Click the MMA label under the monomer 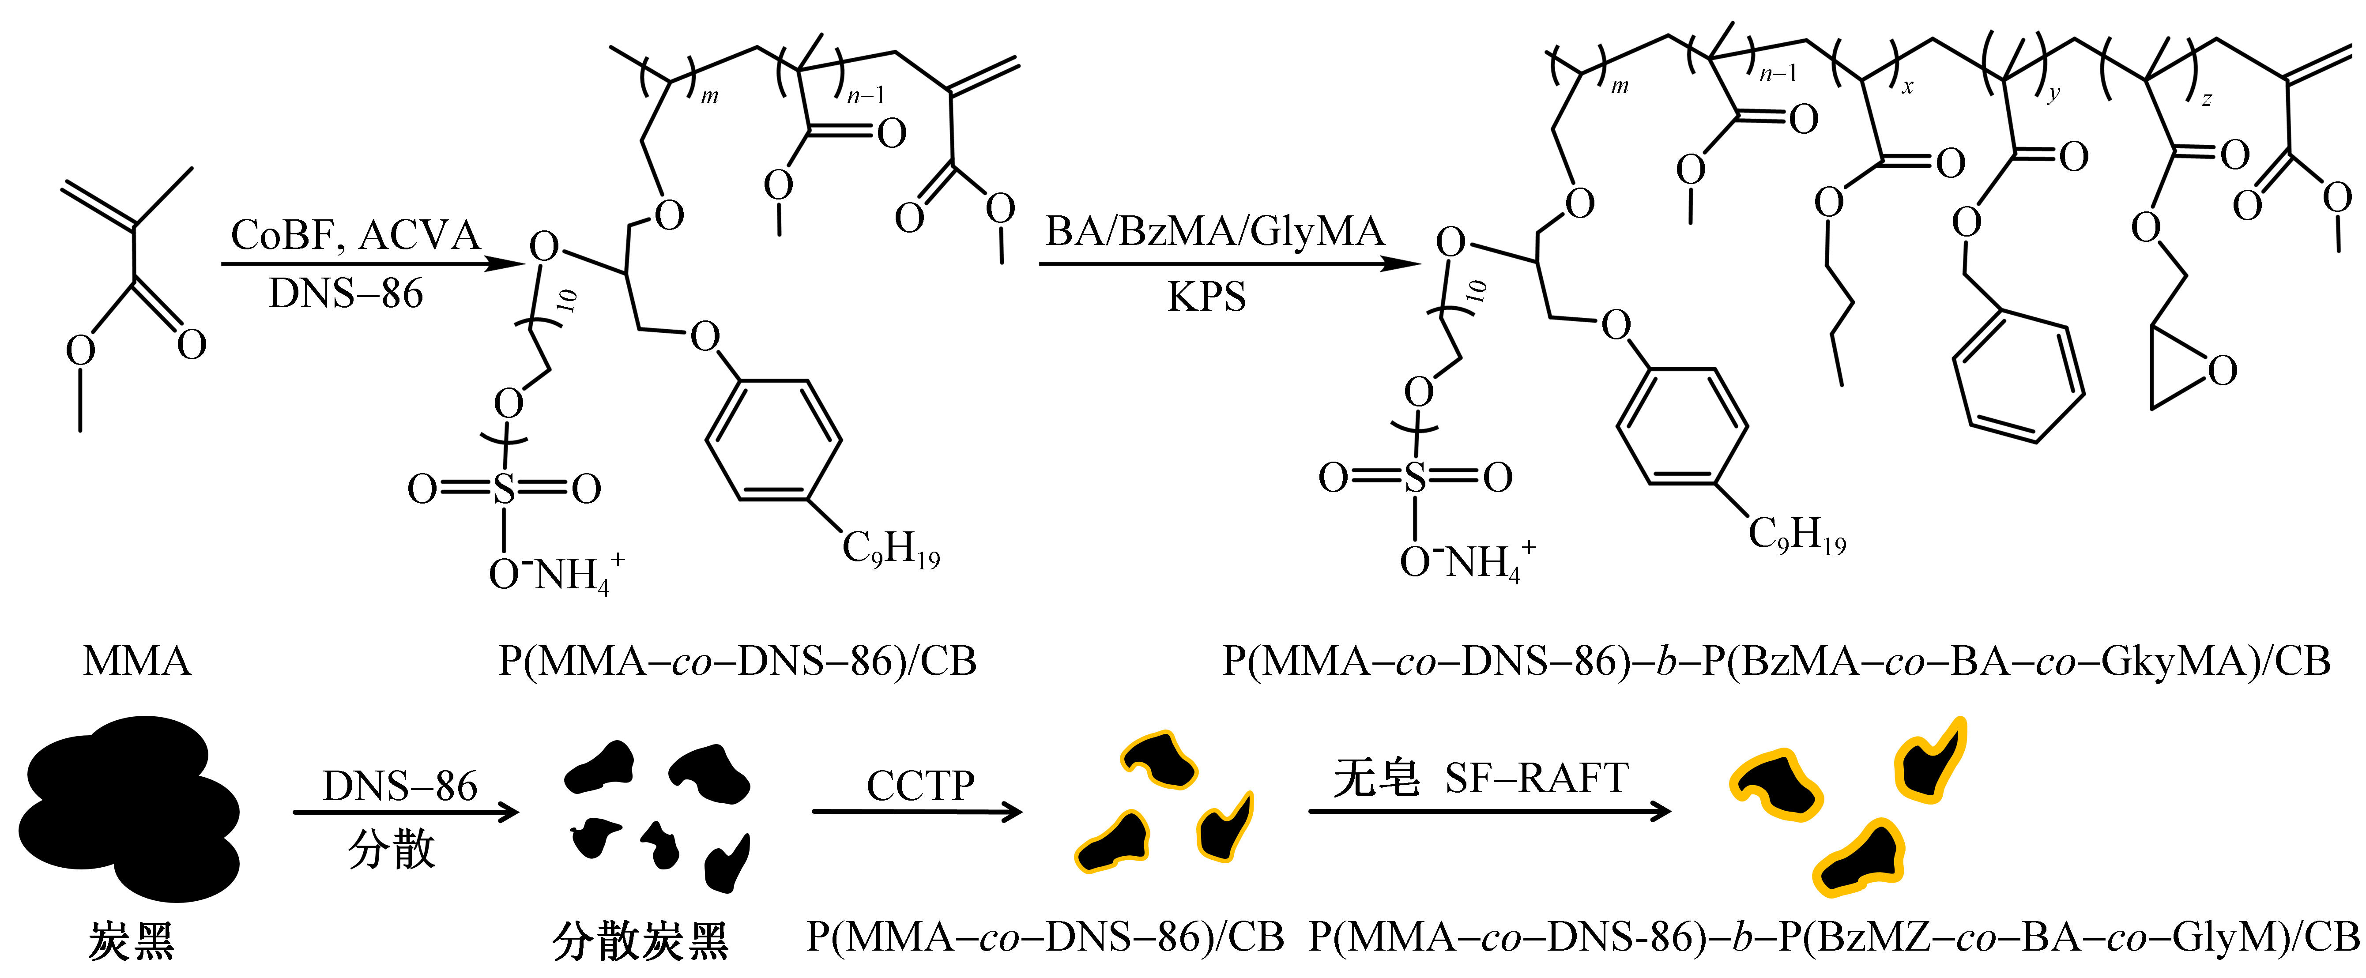coord(137,661)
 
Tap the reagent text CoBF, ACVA coord(355,235)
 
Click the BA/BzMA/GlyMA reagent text coord(1214,231)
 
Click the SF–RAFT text coord(1536,779)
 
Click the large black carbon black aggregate coord(128,808)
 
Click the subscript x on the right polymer coord(1908,87)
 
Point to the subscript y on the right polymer coord(2054,94)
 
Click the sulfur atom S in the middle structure coord(504,489)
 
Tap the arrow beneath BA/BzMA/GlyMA coord(1229,264)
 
